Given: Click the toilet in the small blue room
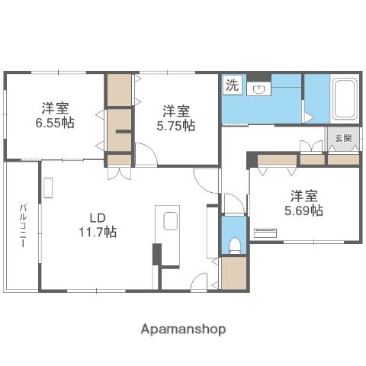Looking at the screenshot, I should (x=235, y=243).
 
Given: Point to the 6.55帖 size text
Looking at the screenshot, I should (x=58, y=122).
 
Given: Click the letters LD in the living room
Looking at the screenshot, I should (x=97, y=215).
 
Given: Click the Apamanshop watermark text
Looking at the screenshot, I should (x=183, y=329).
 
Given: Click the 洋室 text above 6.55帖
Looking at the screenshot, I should (x=57, y=107).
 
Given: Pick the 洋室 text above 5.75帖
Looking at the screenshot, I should (x=177, y=110).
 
